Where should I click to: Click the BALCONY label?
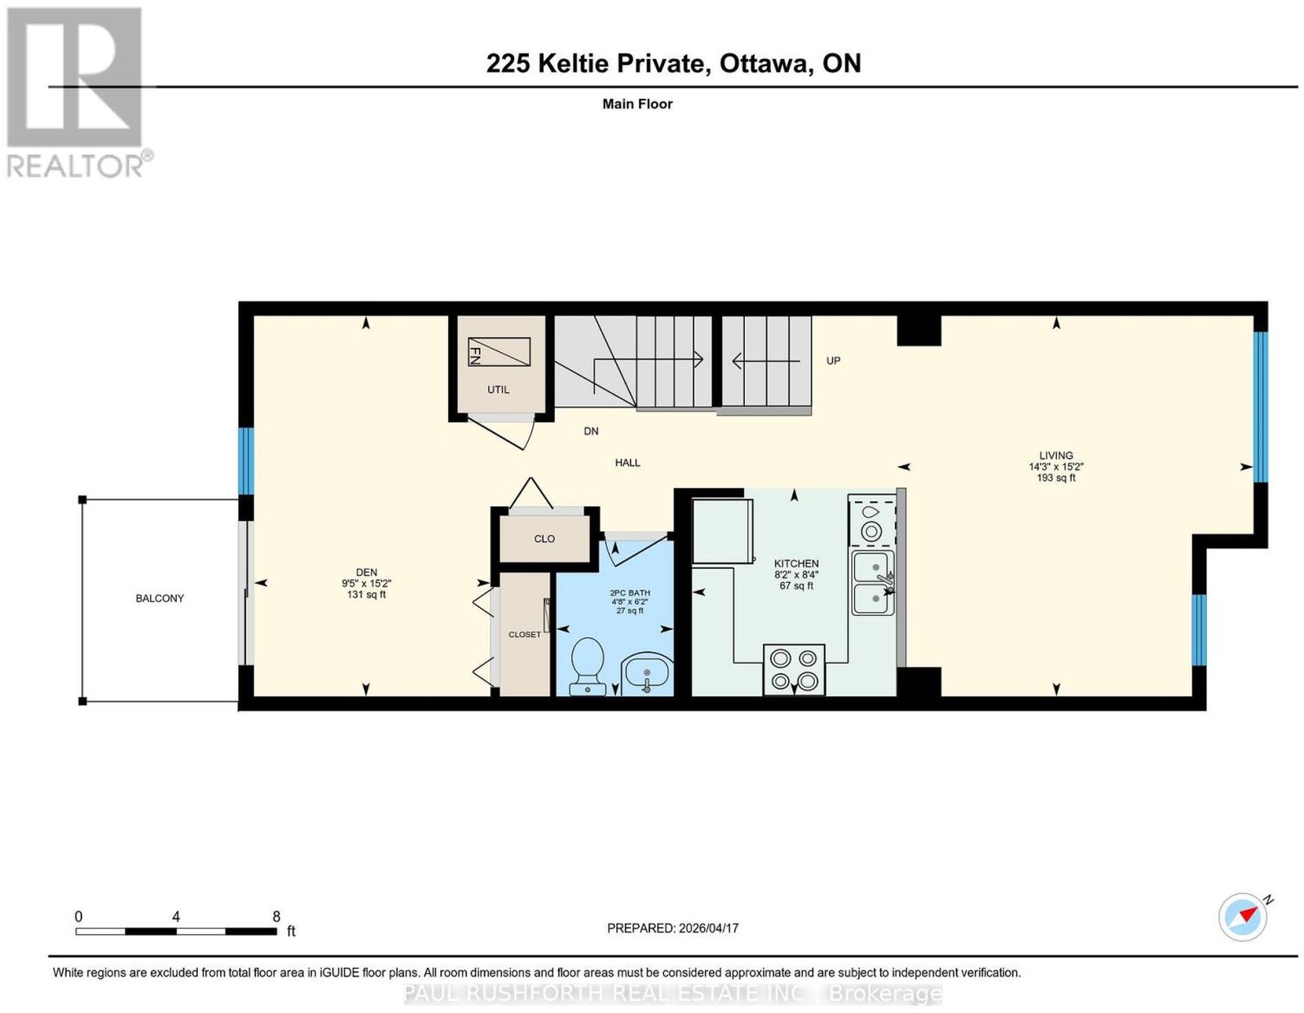(160, 598)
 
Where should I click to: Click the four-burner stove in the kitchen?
(794, 669)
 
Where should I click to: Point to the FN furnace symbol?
(498, 351)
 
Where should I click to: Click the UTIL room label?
(498, 390)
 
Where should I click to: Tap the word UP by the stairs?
(833, 360)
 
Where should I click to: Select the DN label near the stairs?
(591, 431)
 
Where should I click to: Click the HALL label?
(627, 462)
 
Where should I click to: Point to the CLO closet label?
(544, 539)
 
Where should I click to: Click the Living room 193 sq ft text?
(1056, 478)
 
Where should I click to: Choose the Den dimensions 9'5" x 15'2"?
(366, 584)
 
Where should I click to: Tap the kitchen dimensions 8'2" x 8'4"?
(796, 575)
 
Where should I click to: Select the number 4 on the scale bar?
(176, 917)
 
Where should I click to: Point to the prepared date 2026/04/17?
(709, 928)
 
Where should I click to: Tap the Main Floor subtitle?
(637, 104)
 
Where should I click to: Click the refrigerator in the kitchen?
(723, 531)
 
